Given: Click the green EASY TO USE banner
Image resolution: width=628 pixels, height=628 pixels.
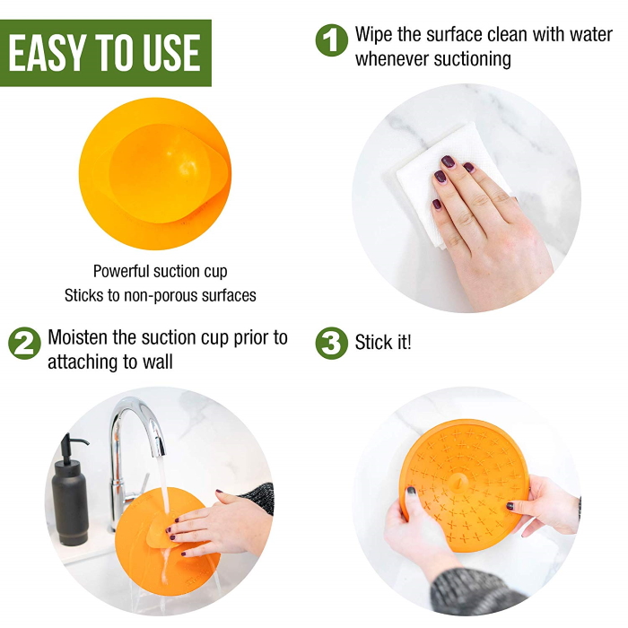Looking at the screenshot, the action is [106, 53].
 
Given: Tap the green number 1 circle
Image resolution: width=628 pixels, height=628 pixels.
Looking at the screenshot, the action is [332, 40].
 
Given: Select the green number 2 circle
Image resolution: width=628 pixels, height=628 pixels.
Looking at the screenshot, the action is [24, 344].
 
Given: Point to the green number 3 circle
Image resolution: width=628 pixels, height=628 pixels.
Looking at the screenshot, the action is [332, 344].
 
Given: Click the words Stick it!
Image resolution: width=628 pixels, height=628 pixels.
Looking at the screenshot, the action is [383, 343].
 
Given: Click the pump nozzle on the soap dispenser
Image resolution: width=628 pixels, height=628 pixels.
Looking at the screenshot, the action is [74, 440].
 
